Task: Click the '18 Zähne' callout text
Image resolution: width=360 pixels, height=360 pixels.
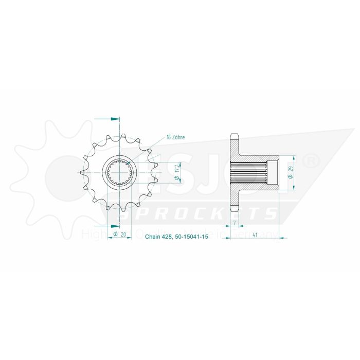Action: pyautogui.click(x=175, y=137)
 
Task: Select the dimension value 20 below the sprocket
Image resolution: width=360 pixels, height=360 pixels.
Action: pyautogui.click(x=123, y=235)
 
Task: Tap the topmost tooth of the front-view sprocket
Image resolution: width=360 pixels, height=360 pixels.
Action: pyautogui.click(x=120, y=133)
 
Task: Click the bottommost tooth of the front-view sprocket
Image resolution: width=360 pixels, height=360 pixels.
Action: pyautogui.click(x=120, y=211)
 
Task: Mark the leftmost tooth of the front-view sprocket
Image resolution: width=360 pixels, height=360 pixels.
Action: pyautogui.click(x=83, y=172)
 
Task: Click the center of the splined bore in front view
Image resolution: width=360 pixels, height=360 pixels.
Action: pyautogui.click(x=120, y=172)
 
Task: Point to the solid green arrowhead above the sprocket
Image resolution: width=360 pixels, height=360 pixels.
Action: pyautogui.click(x=115, y=119)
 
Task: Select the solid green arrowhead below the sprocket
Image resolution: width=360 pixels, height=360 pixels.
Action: pyautogui.click(x=115, y=226)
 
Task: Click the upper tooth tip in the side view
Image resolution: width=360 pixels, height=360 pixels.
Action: pyautogui.click(x=235, y=135)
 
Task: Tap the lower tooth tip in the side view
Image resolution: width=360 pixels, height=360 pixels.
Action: pyautogui.click(x=235, y=210)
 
